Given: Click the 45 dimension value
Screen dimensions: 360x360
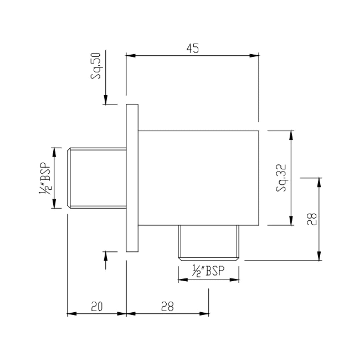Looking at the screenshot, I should tap(192, 49).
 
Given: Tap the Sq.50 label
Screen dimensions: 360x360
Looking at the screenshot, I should tap(97, 70).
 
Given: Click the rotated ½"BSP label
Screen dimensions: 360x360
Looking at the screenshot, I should tap(45, 178).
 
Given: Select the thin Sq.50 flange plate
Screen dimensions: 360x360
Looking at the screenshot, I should tap(132, 178).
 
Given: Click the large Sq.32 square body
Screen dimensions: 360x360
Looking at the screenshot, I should tap(198, 178).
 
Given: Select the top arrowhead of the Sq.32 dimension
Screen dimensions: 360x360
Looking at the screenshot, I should tap(291, 135).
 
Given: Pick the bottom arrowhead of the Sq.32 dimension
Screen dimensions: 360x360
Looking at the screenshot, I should tap(291, 221).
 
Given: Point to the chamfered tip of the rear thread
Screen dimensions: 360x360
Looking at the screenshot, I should tap(69, 178).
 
